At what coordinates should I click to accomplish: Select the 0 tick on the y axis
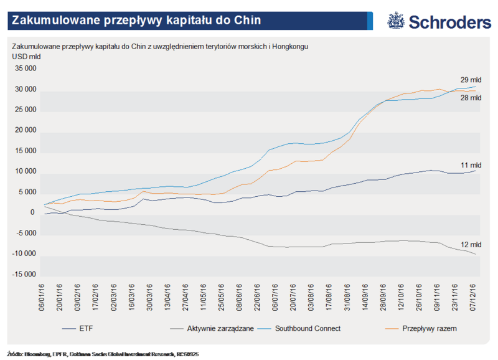pyautogui.click(x=32, y=213)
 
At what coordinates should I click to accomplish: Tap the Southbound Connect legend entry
pyautogui.click(x=308, y=327)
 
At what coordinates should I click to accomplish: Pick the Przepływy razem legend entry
pyautogui.click(x=430, y=327)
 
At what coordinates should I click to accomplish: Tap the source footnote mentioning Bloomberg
pyautogui.click(x=103, y=353)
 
